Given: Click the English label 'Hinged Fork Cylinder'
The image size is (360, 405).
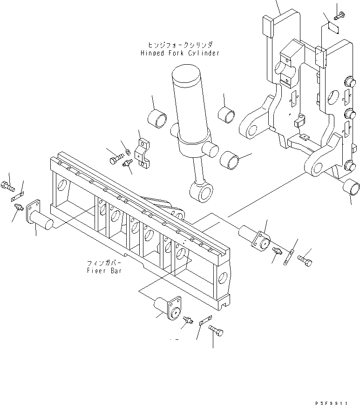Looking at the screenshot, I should [x=179, y=53].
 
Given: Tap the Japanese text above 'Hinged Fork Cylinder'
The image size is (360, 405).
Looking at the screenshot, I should [x=180, y=45].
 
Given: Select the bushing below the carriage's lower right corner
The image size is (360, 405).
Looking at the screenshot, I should [x=352, y=188].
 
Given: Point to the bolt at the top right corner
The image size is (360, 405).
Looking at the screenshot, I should [x=339, y=15].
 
